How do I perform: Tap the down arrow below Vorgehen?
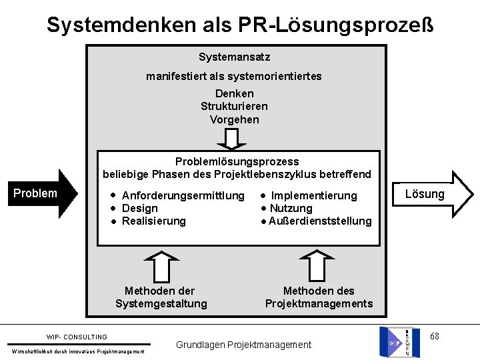click(232, 139)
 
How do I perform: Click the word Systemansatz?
click(235, 58)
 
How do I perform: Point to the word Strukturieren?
click(234, 107)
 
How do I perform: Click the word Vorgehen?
click(234, 120)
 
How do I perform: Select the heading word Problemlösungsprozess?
click(237, 161)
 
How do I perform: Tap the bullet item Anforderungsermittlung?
click(183, 195)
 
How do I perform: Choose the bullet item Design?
click(140, 208)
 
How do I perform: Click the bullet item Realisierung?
click(154, 221)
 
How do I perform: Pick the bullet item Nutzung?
click(291, 208)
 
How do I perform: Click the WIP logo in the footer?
click(400, 341)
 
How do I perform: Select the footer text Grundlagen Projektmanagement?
click(243, 345)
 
